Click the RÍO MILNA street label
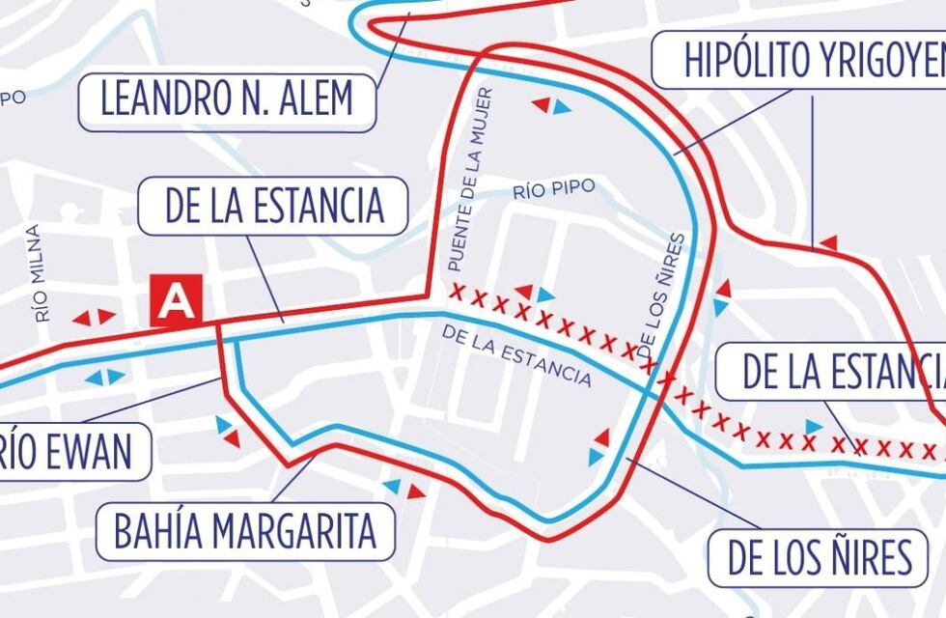pyautogui.click(x=37, y=273)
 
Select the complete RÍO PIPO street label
pyautogui.click(x=553, y=187)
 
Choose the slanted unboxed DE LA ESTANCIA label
pyautogui.click(x=515, y=355)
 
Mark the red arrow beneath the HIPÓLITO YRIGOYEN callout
pyautogui.click(x=827, y=242)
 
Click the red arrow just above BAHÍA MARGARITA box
pyautogui.click(x=416, y=492)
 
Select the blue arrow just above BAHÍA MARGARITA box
pyautogui.click(x=392, y=486)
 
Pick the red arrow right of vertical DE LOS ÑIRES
pyautogui.click(x=723, y=288)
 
